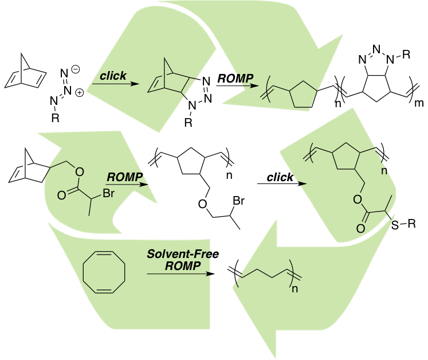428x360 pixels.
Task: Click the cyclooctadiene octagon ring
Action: tap(104, 272)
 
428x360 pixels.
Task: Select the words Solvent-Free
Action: tap(183, 254)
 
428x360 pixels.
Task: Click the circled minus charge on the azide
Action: tap(75, 69)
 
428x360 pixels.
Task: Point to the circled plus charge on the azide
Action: tap(79, 93)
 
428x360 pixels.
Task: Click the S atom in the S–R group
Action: tap(395, 225)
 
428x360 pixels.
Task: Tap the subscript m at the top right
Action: tap(419, 103)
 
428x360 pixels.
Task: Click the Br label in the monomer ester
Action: tap(109, 193)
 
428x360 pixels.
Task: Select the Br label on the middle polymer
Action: tap(238, 201)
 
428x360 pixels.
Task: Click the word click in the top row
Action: tap(113, 76)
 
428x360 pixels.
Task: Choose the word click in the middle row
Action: tap(280, 177)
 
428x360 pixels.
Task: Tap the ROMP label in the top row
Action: tap(235, 79)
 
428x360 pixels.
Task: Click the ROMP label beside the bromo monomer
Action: tap(125, 177)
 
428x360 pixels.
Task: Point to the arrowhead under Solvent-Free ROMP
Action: tap(210, 273)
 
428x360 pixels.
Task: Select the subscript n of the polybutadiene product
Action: tap(295, 289)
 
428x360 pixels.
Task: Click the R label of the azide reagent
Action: tap(56, 118)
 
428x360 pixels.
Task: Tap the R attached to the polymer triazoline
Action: tap(406, 54)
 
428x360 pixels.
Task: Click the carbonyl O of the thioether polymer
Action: tap(360, 228)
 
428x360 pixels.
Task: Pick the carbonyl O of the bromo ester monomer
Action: tap(62, 195)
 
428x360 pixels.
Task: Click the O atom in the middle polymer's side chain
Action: tap(202, 204)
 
